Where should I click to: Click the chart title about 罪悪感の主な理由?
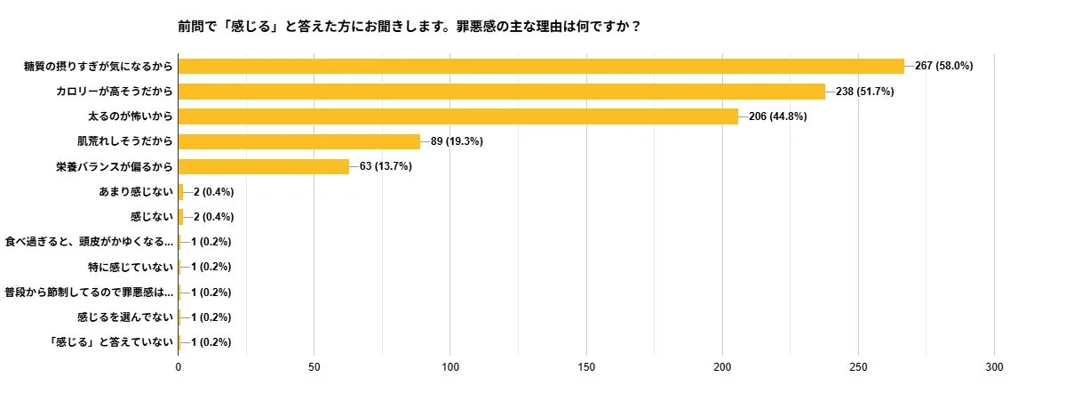(410, 26)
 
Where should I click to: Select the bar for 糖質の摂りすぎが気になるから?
(541, 66)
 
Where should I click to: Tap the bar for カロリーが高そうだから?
(502, 91)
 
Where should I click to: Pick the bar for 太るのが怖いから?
(458, 116)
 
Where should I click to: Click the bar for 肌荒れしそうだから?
(299, 141)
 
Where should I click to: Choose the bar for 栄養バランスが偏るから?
(264, 166)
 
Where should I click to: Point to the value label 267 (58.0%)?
(943, 66)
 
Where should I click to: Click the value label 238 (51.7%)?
(864, 91)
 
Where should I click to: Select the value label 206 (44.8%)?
(777, 116)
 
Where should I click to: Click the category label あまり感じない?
(136, 191)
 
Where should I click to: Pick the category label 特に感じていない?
(130, 267)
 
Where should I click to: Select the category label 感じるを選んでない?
(124, 317)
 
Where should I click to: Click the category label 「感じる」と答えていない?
(112, 342)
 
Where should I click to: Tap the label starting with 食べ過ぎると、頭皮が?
(89, 242)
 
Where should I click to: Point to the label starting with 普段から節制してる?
(89, 292)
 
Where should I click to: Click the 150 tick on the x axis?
(586, 367)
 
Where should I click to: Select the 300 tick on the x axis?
(994, 367)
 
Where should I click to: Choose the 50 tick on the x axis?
(314, 367)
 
